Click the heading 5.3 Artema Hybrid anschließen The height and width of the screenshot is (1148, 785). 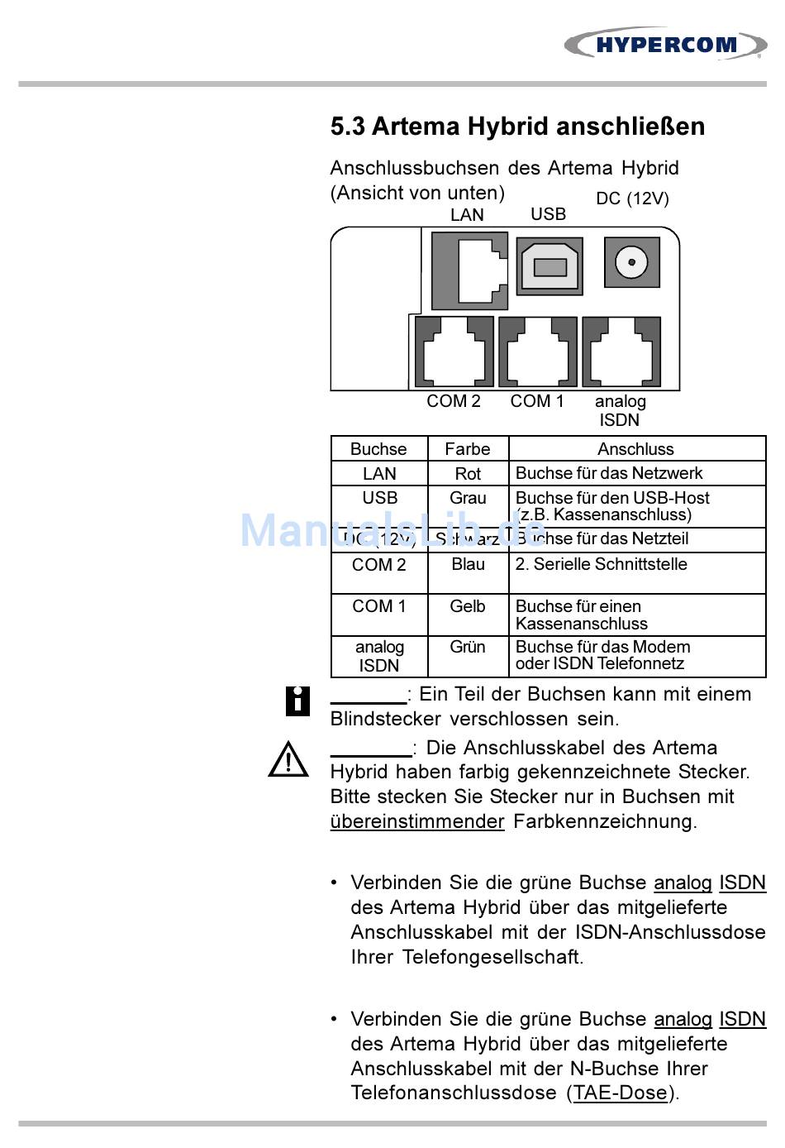tap(517, 127)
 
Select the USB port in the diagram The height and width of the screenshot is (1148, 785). tap(549, 266)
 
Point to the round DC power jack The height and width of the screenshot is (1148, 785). tap(632, 263)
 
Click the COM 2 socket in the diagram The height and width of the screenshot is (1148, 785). tap(454, 352)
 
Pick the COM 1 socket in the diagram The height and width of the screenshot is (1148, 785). tap(538, 352)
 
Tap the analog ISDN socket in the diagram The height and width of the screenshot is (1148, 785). tap(621, 352)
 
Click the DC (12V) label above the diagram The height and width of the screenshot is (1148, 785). tap(632, 199)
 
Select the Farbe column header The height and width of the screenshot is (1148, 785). tap(468, 449)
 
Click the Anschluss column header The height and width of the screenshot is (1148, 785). tap(635, 449)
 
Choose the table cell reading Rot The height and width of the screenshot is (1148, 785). tap(468, 474)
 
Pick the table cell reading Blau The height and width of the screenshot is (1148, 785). tap(468, 564)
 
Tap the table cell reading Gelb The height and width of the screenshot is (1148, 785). tap(468, 606)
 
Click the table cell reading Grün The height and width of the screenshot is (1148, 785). tap(468, 647)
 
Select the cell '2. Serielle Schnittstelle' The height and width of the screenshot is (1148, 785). tap(601, 564)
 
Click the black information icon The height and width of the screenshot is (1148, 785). tap(297, 701)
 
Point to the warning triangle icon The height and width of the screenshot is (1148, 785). tap(288, 759)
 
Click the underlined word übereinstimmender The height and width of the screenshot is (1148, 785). tap(417, 821)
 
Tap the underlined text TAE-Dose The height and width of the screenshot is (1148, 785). tap(620, 1093)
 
